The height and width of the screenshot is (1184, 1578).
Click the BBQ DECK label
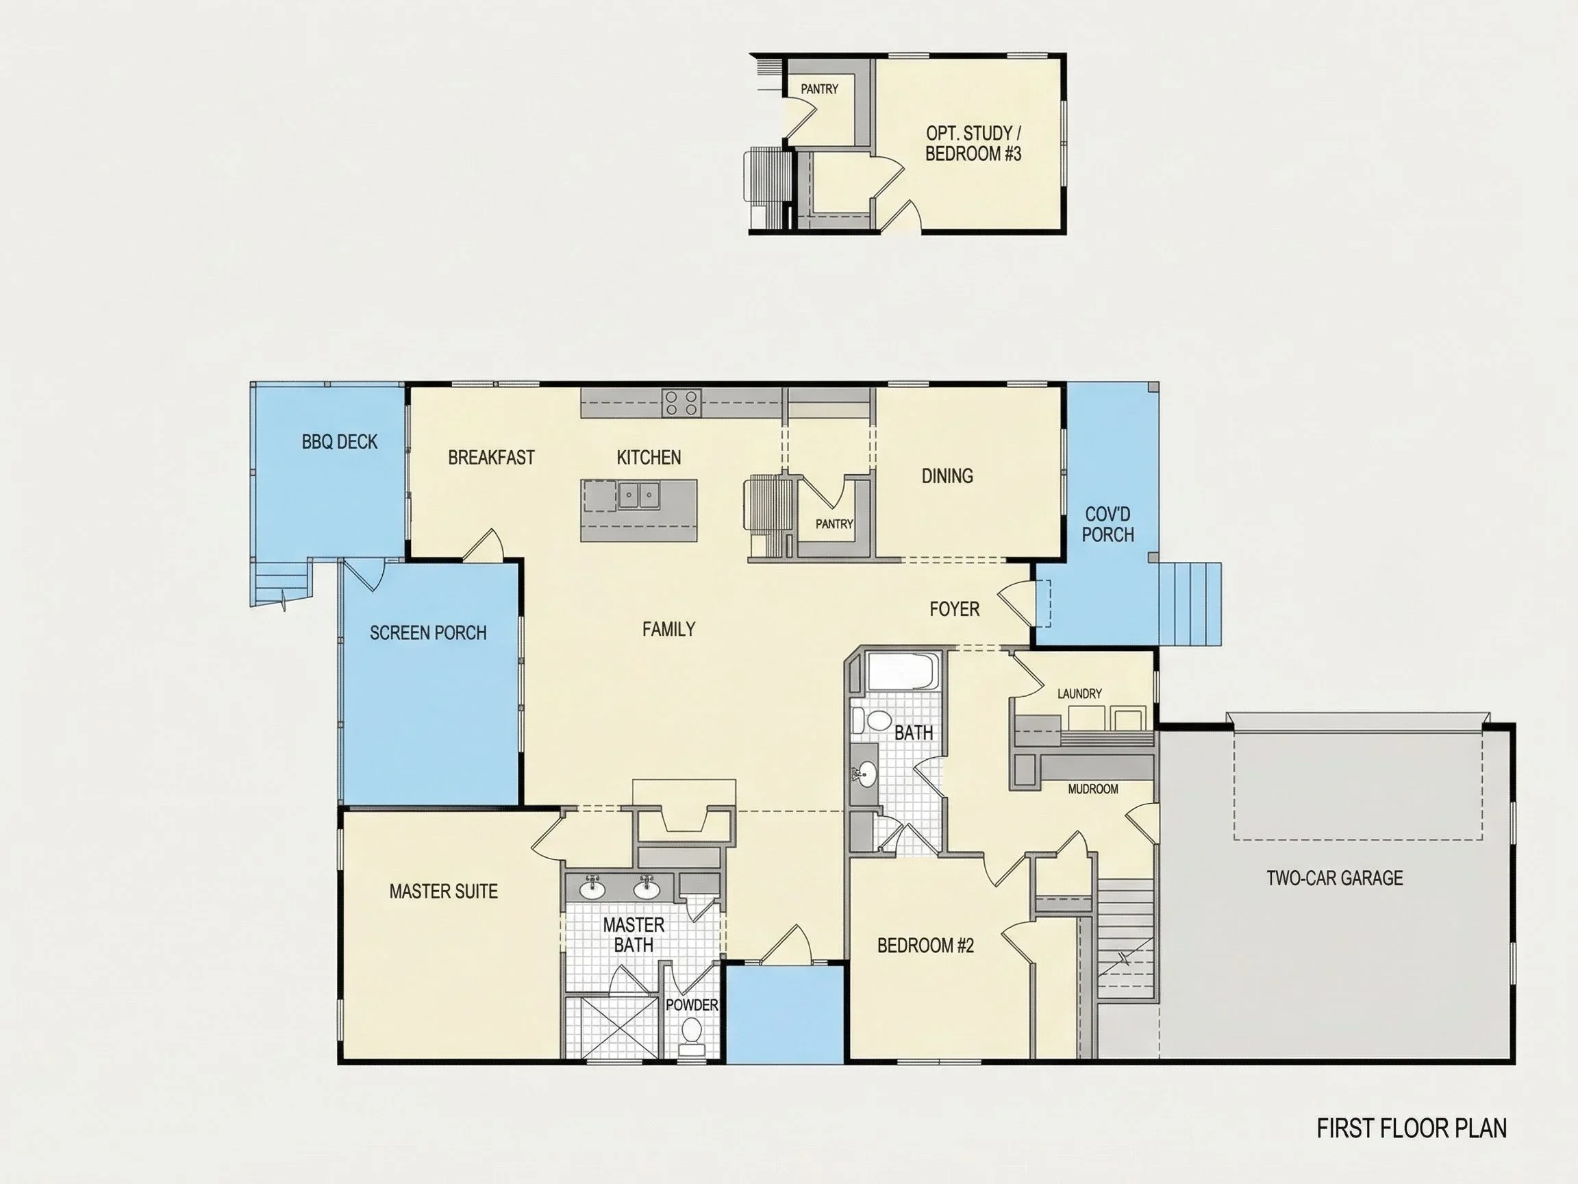click(x=340, y=442)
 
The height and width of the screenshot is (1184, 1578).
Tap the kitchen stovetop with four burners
click(x=682, y=403)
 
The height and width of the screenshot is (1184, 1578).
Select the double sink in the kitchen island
click(x=638, y=495)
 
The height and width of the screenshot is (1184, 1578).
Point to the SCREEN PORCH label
click(x=428, y=633)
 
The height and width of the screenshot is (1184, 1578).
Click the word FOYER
click(x=955, y=608)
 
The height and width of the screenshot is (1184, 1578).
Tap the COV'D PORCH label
click(x=1108, y=525)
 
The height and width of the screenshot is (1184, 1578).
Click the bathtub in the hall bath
click(x=903, y=671)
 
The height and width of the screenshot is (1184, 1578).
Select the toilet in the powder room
click(x=691, y=1035)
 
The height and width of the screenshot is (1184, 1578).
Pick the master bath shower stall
click(x=612, y=1027)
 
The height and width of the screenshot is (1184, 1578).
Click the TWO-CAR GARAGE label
click(x=1335, y=878)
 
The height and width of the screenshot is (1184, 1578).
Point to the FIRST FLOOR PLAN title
click(x=1412, y=1128)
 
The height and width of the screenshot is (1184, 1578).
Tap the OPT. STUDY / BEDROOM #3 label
click(x=973, y=143)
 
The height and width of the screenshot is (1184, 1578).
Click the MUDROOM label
click(x=1093, y=789)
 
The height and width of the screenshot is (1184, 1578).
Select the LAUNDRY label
click(x=1079, y=693)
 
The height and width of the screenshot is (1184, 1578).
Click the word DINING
click(x=947, y=476)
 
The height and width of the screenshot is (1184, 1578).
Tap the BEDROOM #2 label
click(x=925, y=946)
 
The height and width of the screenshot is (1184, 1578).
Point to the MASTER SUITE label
click(x=443, y=891)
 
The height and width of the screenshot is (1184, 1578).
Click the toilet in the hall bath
click(x=871, y=719)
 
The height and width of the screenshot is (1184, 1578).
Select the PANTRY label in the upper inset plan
click(x=819, y=89)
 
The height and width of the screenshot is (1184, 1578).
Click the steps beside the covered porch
click(x=1189, y=604)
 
